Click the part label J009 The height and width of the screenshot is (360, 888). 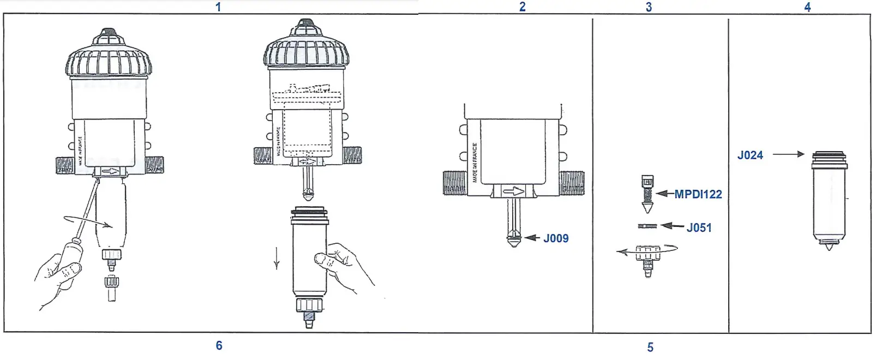coord(556,238)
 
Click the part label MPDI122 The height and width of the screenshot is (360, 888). coord(698,194)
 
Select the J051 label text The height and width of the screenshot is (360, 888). coord(699,228)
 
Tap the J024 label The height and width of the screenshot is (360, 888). coord(750,155)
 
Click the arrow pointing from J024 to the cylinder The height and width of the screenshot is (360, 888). coord(788,154)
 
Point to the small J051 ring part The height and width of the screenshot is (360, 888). coord(647,226)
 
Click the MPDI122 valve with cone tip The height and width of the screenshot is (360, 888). coord(647,194)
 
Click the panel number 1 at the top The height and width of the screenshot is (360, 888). coord(218,7)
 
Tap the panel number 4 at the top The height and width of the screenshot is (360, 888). coord(807,7)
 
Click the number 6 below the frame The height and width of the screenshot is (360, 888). coord(219,345)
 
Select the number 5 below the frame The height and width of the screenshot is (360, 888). coord(650,347)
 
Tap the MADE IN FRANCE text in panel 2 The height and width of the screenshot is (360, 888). coord(475,163)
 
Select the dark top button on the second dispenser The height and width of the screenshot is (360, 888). coord(306,23)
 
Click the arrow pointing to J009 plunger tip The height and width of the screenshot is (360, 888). coord(532,238)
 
